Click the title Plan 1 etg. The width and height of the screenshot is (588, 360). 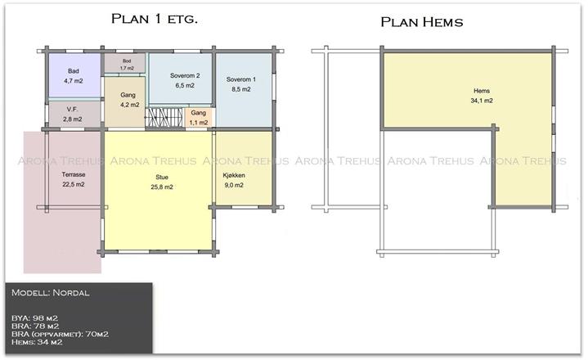pyautogui.click(x=154, y=18)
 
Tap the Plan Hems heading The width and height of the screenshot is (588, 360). pyautogui.click(x=422, y=22)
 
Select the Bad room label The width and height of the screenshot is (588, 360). pyautogui.click(x=74, y=71)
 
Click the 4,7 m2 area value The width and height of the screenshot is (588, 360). pyautogui.click(x=74, y=81)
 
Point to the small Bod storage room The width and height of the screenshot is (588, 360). pyautogui.click(x=124, y=63)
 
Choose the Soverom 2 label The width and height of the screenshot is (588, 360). pyautogui.click(x=185, y=75)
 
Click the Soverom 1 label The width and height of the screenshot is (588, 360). pyautogui.click(x=241, y=79)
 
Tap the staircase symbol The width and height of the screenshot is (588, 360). pyautogui.click(x=164, y=118)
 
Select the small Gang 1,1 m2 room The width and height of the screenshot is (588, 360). pyautogui.click(x=199, y=118)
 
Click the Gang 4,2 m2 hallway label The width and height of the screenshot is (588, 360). pyautogui.click(x=128, y=95)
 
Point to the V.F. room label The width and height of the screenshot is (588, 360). pyautogui.click(x=72, y=109)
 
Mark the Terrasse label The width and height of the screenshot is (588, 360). pyautogui.click(x=74, y=174)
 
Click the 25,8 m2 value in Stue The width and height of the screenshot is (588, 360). pyautogui.click(x=162, y=187)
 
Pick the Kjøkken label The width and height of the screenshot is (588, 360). pyautogui.click(x=234, y=175)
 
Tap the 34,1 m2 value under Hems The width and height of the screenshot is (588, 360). pyautogui.click(x=482, y=101)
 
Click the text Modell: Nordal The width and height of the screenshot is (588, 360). pyautogui.click(x=51, y=293)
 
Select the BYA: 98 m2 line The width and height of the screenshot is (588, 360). pyautogui.click(x=35, y=318)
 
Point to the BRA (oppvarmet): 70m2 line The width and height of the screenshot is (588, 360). pyautogui.click(x=60, y=334)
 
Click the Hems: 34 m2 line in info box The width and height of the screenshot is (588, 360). pyautogui.click(x=37, y=342)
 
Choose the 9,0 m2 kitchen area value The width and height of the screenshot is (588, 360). pyautogui.click(x=234, y=185)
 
